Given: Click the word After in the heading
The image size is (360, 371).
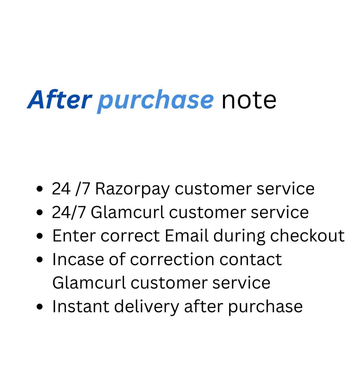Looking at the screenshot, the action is point(59,99).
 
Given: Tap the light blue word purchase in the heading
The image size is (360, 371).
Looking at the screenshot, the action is point(156,101).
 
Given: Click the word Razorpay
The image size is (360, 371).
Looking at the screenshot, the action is point(133,189).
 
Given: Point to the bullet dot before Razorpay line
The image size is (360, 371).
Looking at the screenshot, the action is point(40,189).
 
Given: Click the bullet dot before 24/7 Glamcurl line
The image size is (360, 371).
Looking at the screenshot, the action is point(40,212).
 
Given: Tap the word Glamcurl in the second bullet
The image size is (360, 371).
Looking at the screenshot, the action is point(128,212).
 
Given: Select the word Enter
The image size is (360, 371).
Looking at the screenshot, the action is point(74,236).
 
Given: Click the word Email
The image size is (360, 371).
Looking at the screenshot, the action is point(186,235).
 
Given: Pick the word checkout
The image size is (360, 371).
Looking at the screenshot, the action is point(307,235).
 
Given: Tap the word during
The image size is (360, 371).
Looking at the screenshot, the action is point(239,237).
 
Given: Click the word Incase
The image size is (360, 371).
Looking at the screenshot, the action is point(78,259).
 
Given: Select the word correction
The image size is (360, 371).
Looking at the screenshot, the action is point(172,259).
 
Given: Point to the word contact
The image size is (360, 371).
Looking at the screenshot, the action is point(251,259).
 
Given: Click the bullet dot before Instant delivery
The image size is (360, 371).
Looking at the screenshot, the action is point(40,307).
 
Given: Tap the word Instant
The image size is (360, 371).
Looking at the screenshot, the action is point(81,307).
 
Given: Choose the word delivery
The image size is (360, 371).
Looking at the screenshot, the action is point(146,307).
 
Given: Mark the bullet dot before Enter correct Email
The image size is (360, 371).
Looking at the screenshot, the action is point(40,236).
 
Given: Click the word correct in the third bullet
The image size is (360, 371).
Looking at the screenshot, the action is point(130,236).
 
